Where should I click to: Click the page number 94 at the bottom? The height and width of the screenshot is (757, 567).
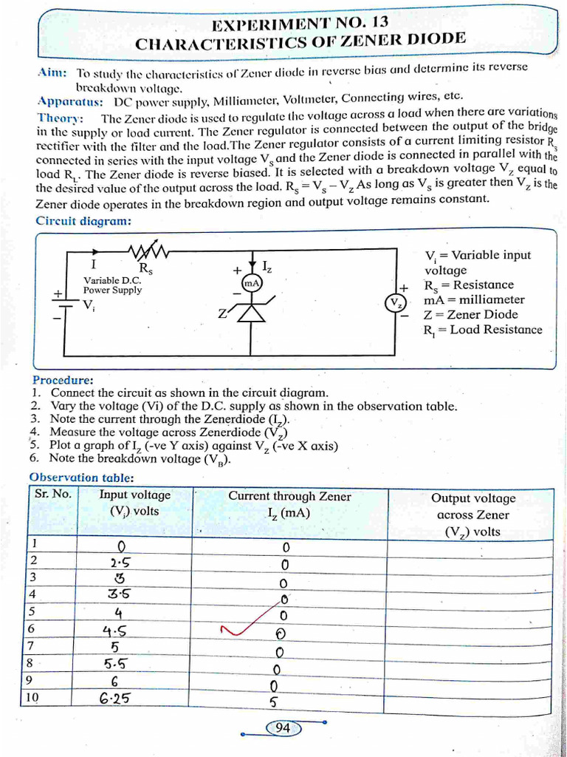point(282,728)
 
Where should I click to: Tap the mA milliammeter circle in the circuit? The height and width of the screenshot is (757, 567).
point(251,283)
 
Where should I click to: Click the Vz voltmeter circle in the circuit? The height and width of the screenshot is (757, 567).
point(396,303)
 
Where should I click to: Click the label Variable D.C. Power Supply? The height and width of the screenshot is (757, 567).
point(112,285)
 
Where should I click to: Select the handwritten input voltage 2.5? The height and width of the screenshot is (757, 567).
point(115,562)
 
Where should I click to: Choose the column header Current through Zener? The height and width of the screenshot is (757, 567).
point(289,497)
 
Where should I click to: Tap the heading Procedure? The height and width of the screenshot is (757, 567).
point(63,379)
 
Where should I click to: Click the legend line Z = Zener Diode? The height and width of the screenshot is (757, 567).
point(470,314)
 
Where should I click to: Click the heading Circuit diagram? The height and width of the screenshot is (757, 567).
point(83,220)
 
